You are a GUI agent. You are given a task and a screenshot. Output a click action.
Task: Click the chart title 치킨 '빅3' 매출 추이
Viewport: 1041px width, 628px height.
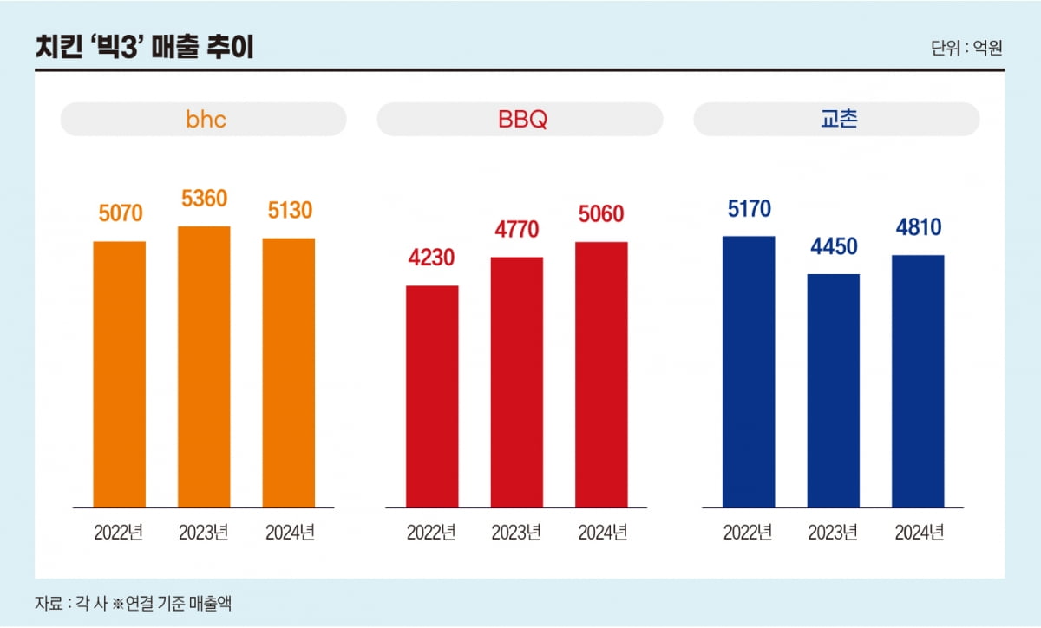144,47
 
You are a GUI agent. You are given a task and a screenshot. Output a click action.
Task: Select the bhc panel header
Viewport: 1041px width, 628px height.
204,119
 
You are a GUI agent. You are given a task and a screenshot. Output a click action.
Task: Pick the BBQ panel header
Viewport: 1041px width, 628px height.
520,119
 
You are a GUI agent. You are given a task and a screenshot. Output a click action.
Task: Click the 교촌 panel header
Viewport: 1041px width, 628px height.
837,119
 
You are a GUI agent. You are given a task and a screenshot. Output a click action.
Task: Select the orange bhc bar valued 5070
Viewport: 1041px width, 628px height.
120,374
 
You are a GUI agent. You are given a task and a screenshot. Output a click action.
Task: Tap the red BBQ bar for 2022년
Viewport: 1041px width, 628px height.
432,396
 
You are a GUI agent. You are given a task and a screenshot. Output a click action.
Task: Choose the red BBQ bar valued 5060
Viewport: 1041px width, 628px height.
601,374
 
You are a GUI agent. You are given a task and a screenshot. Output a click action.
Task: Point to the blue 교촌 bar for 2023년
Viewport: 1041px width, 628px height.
833,390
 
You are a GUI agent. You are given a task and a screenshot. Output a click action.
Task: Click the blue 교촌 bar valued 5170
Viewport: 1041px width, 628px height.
749,371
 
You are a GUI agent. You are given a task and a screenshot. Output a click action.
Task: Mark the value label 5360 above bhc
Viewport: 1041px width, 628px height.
204,199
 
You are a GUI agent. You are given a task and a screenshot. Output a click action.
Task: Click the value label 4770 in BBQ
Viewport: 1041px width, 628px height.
516,230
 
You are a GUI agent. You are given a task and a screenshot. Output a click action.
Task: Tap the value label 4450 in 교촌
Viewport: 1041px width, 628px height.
833,246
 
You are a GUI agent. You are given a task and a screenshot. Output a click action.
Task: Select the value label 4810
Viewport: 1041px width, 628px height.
918,227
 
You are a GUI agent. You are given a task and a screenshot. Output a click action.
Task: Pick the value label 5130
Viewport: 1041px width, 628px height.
289,211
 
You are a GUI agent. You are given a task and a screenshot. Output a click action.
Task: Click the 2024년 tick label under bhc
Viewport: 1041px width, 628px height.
289,533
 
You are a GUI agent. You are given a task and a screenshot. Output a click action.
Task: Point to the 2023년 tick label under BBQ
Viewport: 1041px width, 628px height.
516,533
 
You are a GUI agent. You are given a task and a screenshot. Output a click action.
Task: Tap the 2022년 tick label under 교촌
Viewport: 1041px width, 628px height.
749,533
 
